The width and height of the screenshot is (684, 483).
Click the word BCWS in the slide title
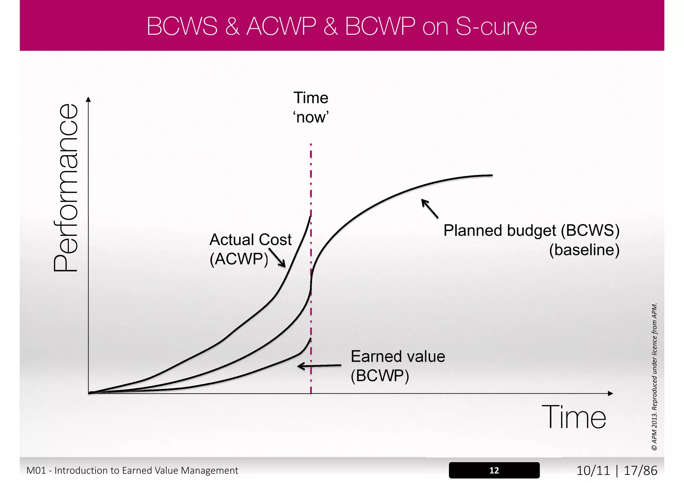click(182, 26)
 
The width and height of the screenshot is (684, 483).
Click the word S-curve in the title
click(496, 26)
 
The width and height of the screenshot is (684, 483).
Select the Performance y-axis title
click(66, 188)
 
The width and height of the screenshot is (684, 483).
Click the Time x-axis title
click(573, 418)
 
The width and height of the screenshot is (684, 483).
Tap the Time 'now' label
click(311, 107)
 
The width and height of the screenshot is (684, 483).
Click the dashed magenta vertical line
click(311, 187)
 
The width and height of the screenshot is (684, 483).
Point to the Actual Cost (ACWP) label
click(250, 249)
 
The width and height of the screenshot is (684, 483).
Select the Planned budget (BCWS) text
click(531, 230)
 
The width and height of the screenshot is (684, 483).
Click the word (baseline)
click(584, 250)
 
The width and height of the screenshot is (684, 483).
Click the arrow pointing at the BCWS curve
click(430, 208)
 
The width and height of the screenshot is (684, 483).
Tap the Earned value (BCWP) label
click(397, 366)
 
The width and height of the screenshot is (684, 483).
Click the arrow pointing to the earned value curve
click(319, 366)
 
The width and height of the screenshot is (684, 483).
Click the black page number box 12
click(494, 470)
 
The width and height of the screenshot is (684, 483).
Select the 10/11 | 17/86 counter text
click(617, 470)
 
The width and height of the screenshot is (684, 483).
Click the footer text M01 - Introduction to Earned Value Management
click(132, 470)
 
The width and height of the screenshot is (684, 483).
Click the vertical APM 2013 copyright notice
click(654, 377)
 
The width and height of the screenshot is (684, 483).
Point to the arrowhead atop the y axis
click(88, 99)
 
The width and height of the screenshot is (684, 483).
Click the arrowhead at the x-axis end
click(611, 394)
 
